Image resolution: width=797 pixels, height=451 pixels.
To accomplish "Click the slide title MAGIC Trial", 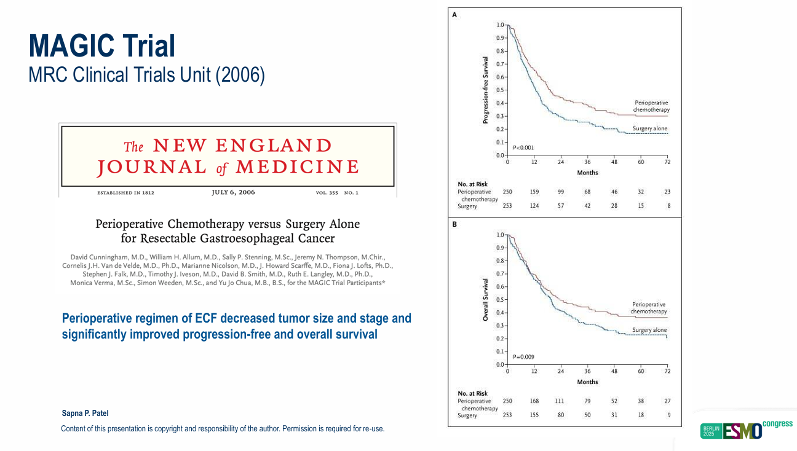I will pos(102,45).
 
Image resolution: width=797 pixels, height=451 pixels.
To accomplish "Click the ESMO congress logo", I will pos(746,429).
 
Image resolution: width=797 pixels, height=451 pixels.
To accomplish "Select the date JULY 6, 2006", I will pos(233,192).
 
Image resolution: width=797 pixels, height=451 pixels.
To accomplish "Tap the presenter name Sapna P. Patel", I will pos(85,414).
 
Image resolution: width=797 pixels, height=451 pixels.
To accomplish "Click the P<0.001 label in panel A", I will pos(523,147).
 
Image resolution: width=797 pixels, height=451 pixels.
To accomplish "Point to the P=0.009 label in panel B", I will pos(523,357).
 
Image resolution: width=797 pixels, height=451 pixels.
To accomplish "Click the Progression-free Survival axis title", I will pos(485,90).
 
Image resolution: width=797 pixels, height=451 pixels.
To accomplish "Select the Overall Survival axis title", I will pos(485,300).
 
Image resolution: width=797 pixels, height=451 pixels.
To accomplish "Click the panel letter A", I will pos(454,15).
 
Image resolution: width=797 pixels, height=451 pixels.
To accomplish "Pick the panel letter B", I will pos(454,224).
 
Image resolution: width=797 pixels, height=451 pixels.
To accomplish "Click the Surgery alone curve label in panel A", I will pos(649,129).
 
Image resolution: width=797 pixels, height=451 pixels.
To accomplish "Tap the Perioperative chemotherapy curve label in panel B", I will pos(648,308).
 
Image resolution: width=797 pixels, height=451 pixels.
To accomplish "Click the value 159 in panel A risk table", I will pos(534,192).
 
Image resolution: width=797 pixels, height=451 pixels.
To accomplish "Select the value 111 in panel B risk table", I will pos(560,401).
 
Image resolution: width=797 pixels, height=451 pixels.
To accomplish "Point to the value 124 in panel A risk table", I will pos(534,206).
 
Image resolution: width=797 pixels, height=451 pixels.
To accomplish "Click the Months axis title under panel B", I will pos(587,382).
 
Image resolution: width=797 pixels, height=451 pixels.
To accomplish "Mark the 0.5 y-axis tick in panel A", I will pos(499,90).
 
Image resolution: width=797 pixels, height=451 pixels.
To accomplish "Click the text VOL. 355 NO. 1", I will pos(336,193).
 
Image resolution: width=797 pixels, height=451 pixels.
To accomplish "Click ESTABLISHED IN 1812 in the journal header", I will pos(125,193).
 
